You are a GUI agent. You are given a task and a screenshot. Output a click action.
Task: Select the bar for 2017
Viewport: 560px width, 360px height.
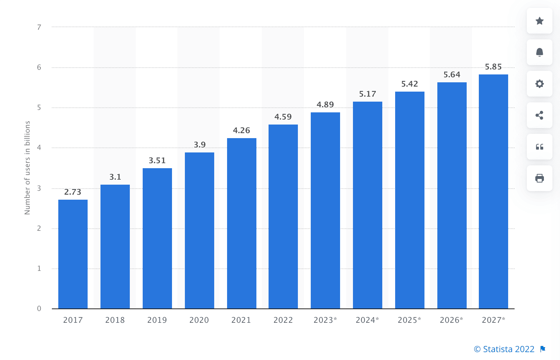point(73,254)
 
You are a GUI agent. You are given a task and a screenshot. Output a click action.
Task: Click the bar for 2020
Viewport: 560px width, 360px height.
point(200,230)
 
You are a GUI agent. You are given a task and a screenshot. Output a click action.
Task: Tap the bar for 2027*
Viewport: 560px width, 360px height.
point(493,191)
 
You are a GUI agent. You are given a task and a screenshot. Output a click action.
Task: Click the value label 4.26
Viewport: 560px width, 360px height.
point(241,131)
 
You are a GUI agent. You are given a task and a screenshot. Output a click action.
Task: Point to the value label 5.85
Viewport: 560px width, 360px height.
point(493,67)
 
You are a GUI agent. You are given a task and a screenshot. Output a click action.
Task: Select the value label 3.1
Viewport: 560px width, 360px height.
point(115,177)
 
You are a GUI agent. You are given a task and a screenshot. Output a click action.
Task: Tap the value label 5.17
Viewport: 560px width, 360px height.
point(368,94)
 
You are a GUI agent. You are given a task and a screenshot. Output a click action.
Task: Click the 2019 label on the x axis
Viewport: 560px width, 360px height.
point(157,320)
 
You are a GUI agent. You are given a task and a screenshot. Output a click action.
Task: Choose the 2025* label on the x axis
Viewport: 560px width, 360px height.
point(409,320)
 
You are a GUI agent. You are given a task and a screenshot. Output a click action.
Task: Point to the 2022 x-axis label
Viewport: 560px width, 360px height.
point(283,320)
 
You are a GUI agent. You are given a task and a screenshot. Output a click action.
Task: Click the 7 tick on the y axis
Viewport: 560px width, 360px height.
point(39,27)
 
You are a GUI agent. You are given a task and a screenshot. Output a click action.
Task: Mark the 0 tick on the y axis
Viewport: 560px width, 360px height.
point(39,308)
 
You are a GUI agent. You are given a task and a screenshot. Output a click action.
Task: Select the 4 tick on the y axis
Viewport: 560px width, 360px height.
point(39,147)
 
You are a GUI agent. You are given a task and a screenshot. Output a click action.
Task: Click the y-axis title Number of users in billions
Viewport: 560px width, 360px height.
point(28,168)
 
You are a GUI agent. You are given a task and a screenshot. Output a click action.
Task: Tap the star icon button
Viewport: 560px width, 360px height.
point(539,21)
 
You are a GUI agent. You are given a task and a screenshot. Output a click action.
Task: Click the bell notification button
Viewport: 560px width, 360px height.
point(539,52)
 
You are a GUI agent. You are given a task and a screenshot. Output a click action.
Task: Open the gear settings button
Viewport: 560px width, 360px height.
point(539,84)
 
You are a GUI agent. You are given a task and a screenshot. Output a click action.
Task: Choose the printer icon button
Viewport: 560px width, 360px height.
point(539,178)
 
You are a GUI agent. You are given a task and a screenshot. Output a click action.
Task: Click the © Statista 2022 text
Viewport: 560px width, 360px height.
point(504,349)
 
